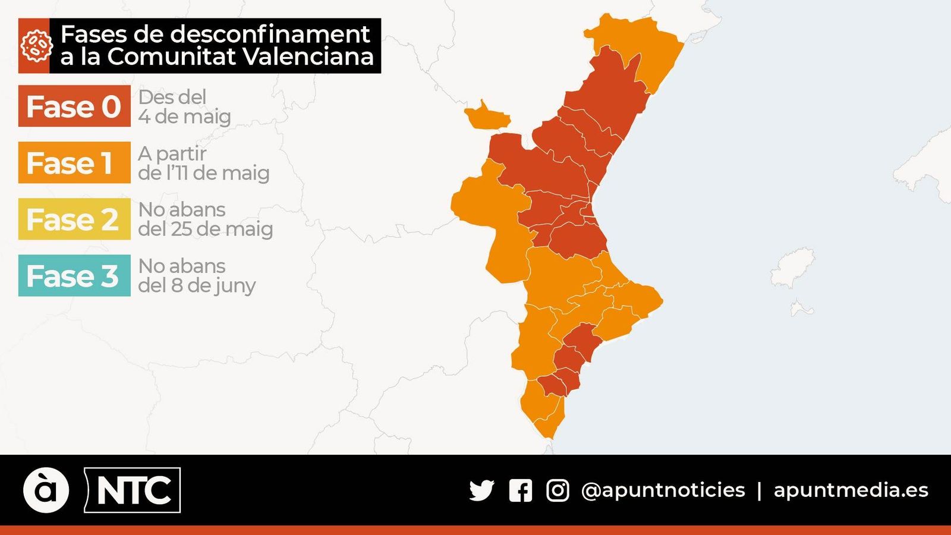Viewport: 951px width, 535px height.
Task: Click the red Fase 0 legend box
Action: [74, 106]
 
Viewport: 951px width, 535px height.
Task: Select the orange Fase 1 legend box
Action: [74, 163]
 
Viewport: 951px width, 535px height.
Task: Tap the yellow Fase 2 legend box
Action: [74, 219]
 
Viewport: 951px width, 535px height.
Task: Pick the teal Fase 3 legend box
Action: [74, 276]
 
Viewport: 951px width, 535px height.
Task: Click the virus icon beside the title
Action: [34, 46]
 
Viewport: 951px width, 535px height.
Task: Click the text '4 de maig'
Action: [184, 117]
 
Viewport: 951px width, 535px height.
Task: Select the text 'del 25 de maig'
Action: [205, 229]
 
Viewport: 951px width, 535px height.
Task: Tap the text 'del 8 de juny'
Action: [197, 285]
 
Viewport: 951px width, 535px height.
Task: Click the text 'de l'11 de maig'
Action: [203, 173]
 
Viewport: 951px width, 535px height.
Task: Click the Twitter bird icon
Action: [481, 490]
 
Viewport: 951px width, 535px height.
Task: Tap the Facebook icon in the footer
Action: [520, 490]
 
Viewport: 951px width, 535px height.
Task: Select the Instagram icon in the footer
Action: [558, 490]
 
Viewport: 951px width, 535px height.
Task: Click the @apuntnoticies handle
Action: [663, 490]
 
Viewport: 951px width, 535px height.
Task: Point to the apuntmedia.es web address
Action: [851, 490]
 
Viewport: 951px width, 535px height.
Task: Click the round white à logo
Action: [46, 490]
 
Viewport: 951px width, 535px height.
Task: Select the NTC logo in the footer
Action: [133, 490]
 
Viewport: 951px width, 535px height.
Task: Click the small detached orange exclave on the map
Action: [487, 117]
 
